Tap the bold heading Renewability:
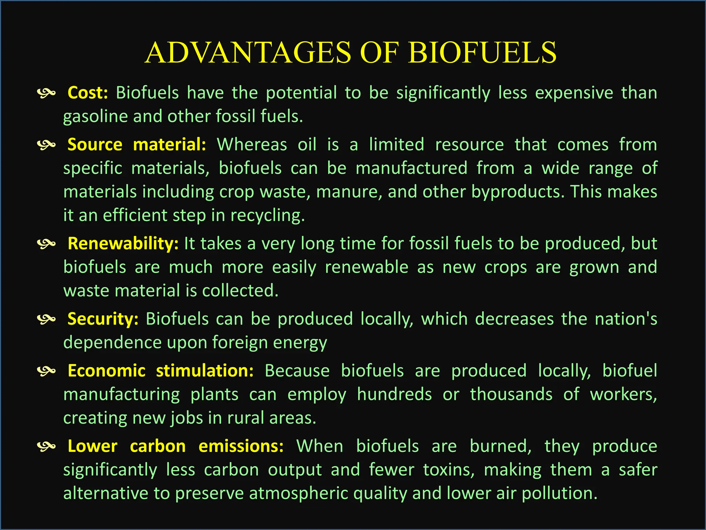123,244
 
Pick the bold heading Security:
103,319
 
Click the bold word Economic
107,371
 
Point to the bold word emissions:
241,446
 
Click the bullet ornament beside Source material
46,145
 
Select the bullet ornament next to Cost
46,93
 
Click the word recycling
268,216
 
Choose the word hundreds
394,394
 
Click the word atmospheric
299,493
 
